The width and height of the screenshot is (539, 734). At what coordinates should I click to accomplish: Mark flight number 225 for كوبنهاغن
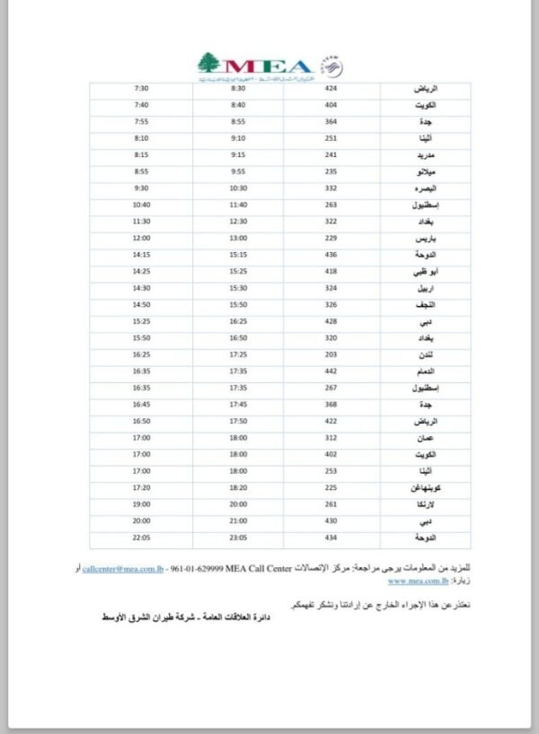[331, 488]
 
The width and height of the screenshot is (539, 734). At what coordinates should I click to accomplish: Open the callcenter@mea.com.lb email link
[122, 570]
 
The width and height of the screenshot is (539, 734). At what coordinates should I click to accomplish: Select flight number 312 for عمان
[331, 438]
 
